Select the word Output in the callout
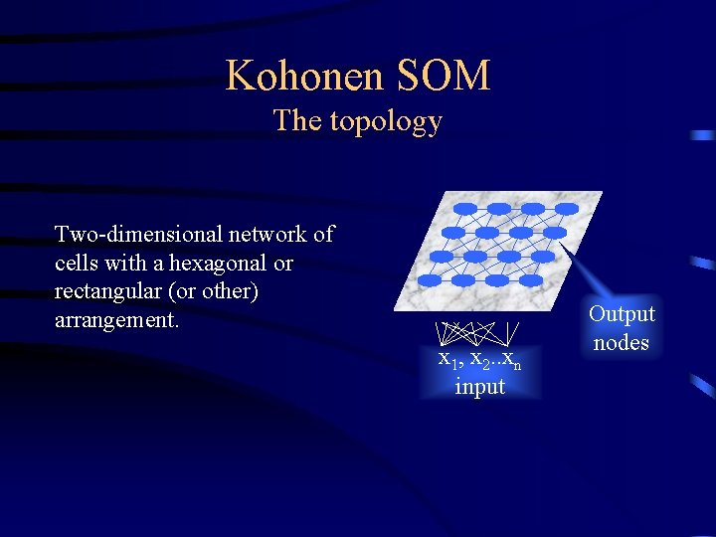tap(622, 314)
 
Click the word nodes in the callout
tap(622, 343)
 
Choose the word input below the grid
tap(479, 386)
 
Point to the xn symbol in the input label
tap(511, 359)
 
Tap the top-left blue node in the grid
tap(465, 209)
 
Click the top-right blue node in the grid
tap(567, 209)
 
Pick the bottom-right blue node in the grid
tap(532, 280)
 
